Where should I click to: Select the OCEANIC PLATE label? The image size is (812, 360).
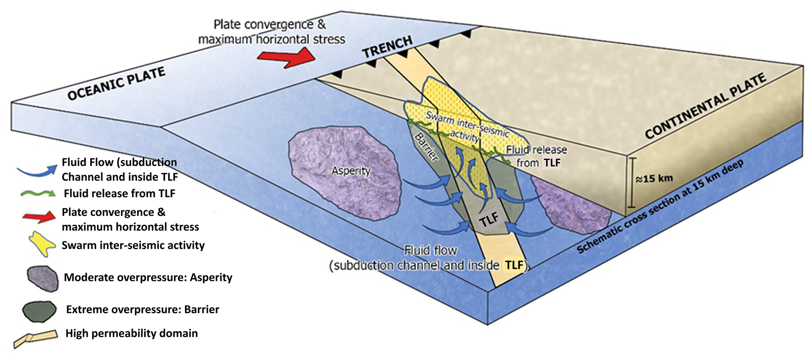116,84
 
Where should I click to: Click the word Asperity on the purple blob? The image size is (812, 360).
351,171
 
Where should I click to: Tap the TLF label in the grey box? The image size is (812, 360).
489,219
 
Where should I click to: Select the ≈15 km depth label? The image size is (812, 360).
654,178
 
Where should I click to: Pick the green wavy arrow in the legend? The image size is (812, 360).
38,193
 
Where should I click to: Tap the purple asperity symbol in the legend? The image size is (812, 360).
43,278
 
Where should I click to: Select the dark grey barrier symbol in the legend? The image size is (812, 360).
39,311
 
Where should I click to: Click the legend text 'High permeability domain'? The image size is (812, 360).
132,333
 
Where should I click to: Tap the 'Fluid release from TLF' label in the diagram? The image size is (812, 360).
537,156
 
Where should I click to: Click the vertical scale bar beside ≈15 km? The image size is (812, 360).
631,182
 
